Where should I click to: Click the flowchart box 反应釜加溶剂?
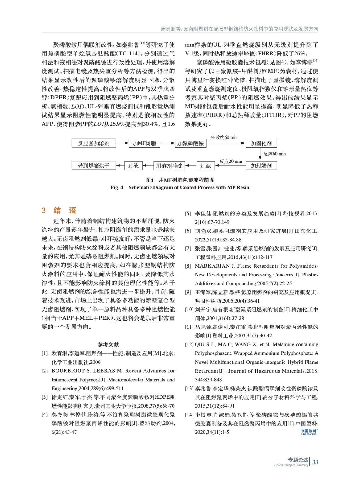94,143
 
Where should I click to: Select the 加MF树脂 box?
144,143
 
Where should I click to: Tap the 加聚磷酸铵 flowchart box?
191,143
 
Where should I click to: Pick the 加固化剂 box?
261,143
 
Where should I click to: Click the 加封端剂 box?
261,166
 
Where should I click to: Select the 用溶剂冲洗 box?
169,166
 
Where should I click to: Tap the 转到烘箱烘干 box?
94,166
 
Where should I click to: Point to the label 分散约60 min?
224,138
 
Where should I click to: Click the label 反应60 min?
274,154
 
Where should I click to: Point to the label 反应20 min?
231,162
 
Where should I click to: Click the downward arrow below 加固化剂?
260,154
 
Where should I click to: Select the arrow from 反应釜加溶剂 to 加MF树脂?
122,143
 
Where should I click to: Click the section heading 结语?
65,210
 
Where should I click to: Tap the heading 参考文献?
108,345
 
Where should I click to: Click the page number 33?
315,462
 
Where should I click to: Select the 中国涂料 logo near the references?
308,432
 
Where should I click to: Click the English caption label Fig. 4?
117,188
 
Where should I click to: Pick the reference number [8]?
188,266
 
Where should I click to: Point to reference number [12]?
189,345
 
